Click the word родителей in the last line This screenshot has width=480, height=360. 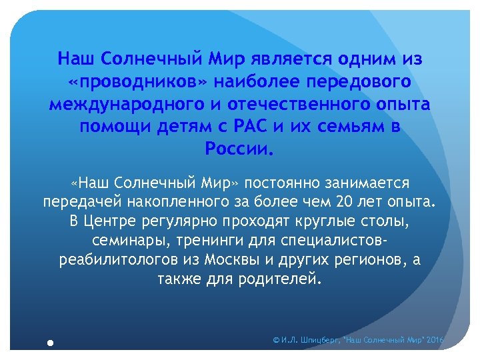coord(285,277)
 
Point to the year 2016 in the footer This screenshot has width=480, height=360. coord(435,340)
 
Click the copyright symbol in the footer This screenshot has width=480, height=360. coord(277,340)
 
